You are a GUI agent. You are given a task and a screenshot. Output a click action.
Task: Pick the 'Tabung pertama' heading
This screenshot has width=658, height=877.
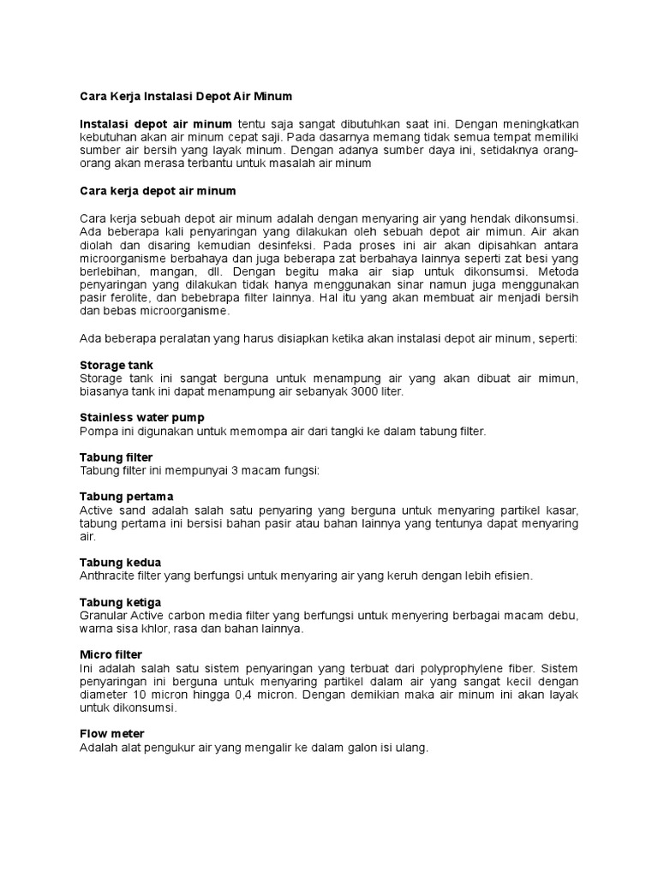tap(126, 496)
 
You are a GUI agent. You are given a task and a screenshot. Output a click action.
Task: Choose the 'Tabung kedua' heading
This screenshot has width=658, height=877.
tap(120, 562)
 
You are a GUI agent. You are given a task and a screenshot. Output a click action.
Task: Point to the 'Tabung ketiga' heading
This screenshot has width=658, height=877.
tap(121, 602)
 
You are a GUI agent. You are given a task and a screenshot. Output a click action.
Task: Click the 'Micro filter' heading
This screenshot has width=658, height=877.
tap(111, 654)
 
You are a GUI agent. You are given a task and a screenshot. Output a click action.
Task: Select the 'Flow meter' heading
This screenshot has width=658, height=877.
tap(111, 734)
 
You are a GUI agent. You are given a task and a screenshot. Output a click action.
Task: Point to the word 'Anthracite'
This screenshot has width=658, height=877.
tap(108, 576)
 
